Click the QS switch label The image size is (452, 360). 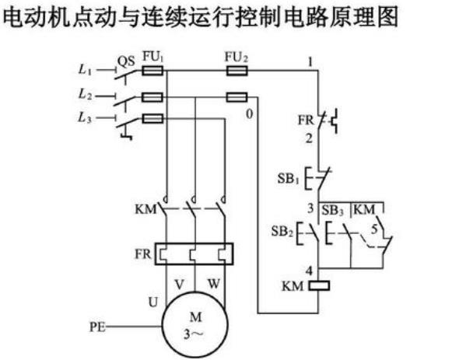point(124,58)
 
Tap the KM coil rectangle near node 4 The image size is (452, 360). point(320,284)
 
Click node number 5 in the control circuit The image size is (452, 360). point(376,229)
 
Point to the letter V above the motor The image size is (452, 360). point(180,281)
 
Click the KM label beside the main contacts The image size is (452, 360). point(145,209)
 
